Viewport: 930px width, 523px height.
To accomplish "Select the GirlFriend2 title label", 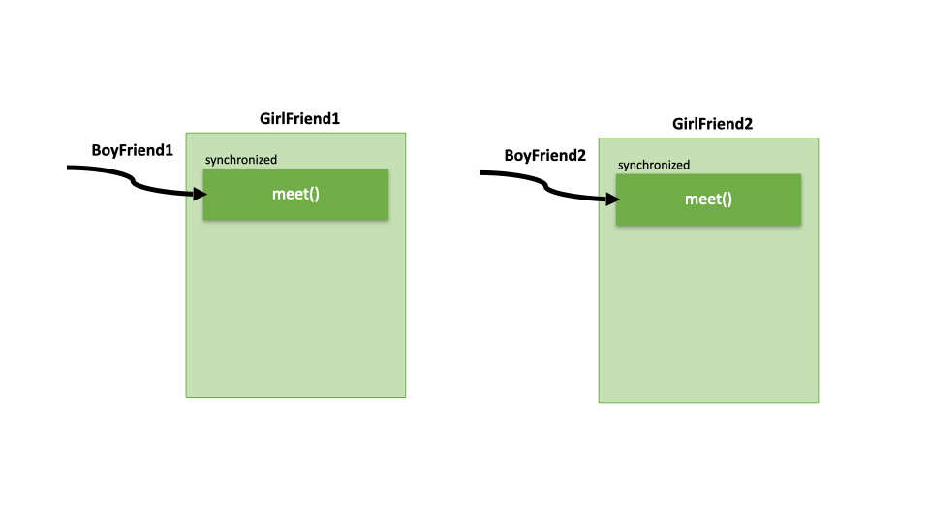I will pyautogui.click(x=712, y=124).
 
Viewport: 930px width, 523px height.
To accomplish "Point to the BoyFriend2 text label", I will pyautogui.click(x=545, y=156).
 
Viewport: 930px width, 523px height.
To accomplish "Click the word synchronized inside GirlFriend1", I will pyautogui.click(x=240, y=159).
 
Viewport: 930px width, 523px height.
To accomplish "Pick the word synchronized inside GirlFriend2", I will pyautogui.click(x=654, y=165).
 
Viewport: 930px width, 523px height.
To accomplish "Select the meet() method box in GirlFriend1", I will pyautogui.click(x=295, y=194).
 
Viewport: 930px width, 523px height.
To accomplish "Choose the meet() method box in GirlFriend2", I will pyautogui.click(x=708, y=200).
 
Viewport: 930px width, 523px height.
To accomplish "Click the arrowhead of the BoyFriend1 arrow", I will pyautogui.click(x=201, y=194).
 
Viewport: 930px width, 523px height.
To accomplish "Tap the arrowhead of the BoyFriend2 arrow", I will pyautogui.click(x=614, y=200).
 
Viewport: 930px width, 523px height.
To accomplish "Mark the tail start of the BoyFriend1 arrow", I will pyautogui.click(x=70, y=168).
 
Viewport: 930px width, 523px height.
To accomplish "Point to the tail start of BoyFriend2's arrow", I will pyautogui.click(x=482, y=173).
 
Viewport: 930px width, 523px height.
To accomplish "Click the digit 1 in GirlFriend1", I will pyautogui.click(x=336, y=118).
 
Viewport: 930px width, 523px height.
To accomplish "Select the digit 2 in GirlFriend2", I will pyautogui.click(x=748, y=124).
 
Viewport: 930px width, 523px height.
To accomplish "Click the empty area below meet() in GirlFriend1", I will pyautogui.click(x=295, y=310).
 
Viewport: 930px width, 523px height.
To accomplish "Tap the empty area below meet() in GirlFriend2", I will pyautogui.click(x=708, y=315).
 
